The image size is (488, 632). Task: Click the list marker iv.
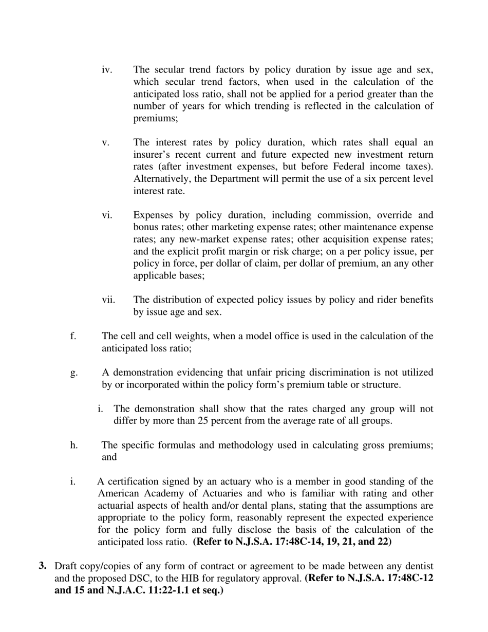pos(107,70)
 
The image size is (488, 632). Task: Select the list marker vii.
pos(108,300)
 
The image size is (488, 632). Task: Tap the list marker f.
pos(73,336)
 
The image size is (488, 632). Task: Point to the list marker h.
pos(74,445)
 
